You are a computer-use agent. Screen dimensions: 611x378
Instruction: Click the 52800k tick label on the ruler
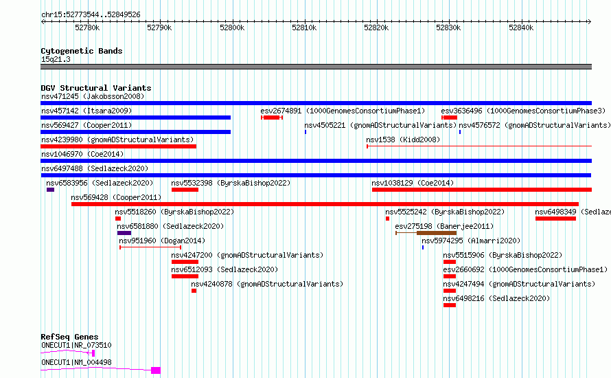[232, 27]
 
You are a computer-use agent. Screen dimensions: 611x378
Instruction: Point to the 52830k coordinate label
[448, 27]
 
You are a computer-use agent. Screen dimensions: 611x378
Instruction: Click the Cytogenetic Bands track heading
[82, 51]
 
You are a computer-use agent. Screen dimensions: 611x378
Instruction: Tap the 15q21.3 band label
[56, 59]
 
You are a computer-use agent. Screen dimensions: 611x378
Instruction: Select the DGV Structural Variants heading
[96, 88]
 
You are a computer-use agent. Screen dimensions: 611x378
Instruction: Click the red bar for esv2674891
[272, 118]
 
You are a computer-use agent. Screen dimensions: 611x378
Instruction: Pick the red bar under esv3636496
[449, 118]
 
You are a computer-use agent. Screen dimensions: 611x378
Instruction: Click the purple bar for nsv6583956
[50, 190]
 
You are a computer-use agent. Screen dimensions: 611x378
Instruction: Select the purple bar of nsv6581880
[124, 233]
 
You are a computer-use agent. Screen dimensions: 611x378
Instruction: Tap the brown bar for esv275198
[437, 233]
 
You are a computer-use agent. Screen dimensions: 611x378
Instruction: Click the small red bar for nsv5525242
[387, 219]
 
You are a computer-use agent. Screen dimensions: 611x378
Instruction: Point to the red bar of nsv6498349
[555, 219]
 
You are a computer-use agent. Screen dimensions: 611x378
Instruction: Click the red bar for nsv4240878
[194, 291]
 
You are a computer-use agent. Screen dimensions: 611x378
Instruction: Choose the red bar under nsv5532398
[185, 190]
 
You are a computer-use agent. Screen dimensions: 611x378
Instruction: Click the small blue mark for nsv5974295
[423, 247]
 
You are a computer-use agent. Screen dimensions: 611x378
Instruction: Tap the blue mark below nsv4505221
[305, 132]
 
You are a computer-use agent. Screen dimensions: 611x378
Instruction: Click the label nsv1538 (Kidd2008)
[403, 140]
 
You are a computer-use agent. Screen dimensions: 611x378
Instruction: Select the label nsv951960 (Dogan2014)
[162, 241]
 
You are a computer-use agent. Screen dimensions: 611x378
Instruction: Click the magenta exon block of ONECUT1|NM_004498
[156, 370]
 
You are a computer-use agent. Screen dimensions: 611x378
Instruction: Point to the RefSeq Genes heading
[69, 337]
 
